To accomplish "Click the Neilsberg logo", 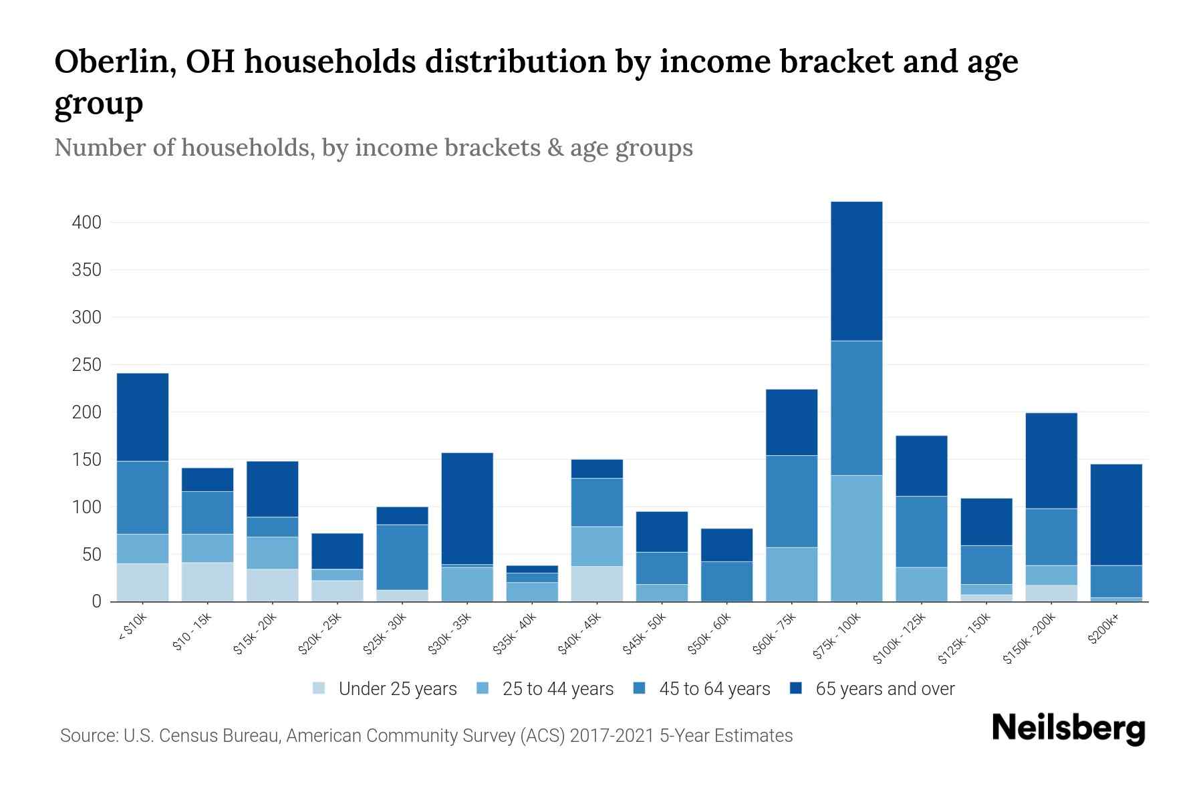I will click(x=1068, y=728).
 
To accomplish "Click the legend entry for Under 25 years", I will click(x=397, y=689).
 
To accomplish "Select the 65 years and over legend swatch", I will click(x=796, y=688).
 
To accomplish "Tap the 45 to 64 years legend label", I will click(x=714, y=689).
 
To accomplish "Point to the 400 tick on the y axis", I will click(x=87, y=223).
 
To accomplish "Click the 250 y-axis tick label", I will click(x=87, y=365).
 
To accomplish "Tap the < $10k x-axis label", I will click(x=134, y=628).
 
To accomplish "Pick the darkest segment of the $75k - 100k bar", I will click(x=856, y=271).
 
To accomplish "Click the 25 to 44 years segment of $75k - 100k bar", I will click(x=856, y=538).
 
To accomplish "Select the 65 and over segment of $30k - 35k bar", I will click(x=467, y=508).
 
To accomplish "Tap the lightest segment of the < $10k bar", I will click(x=142, y=582).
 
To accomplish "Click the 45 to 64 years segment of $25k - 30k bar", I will click(x=402, y=557).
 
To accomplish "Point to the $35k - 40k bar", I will click(x=532, y=583).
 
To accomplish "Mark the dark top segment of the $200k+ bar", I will click(x=1116, y=515).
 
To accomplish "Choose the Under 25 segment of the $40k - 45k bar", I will click(x=597, y=583).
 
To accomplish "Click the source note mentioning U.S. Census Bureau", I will click(x=426, y=736).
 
